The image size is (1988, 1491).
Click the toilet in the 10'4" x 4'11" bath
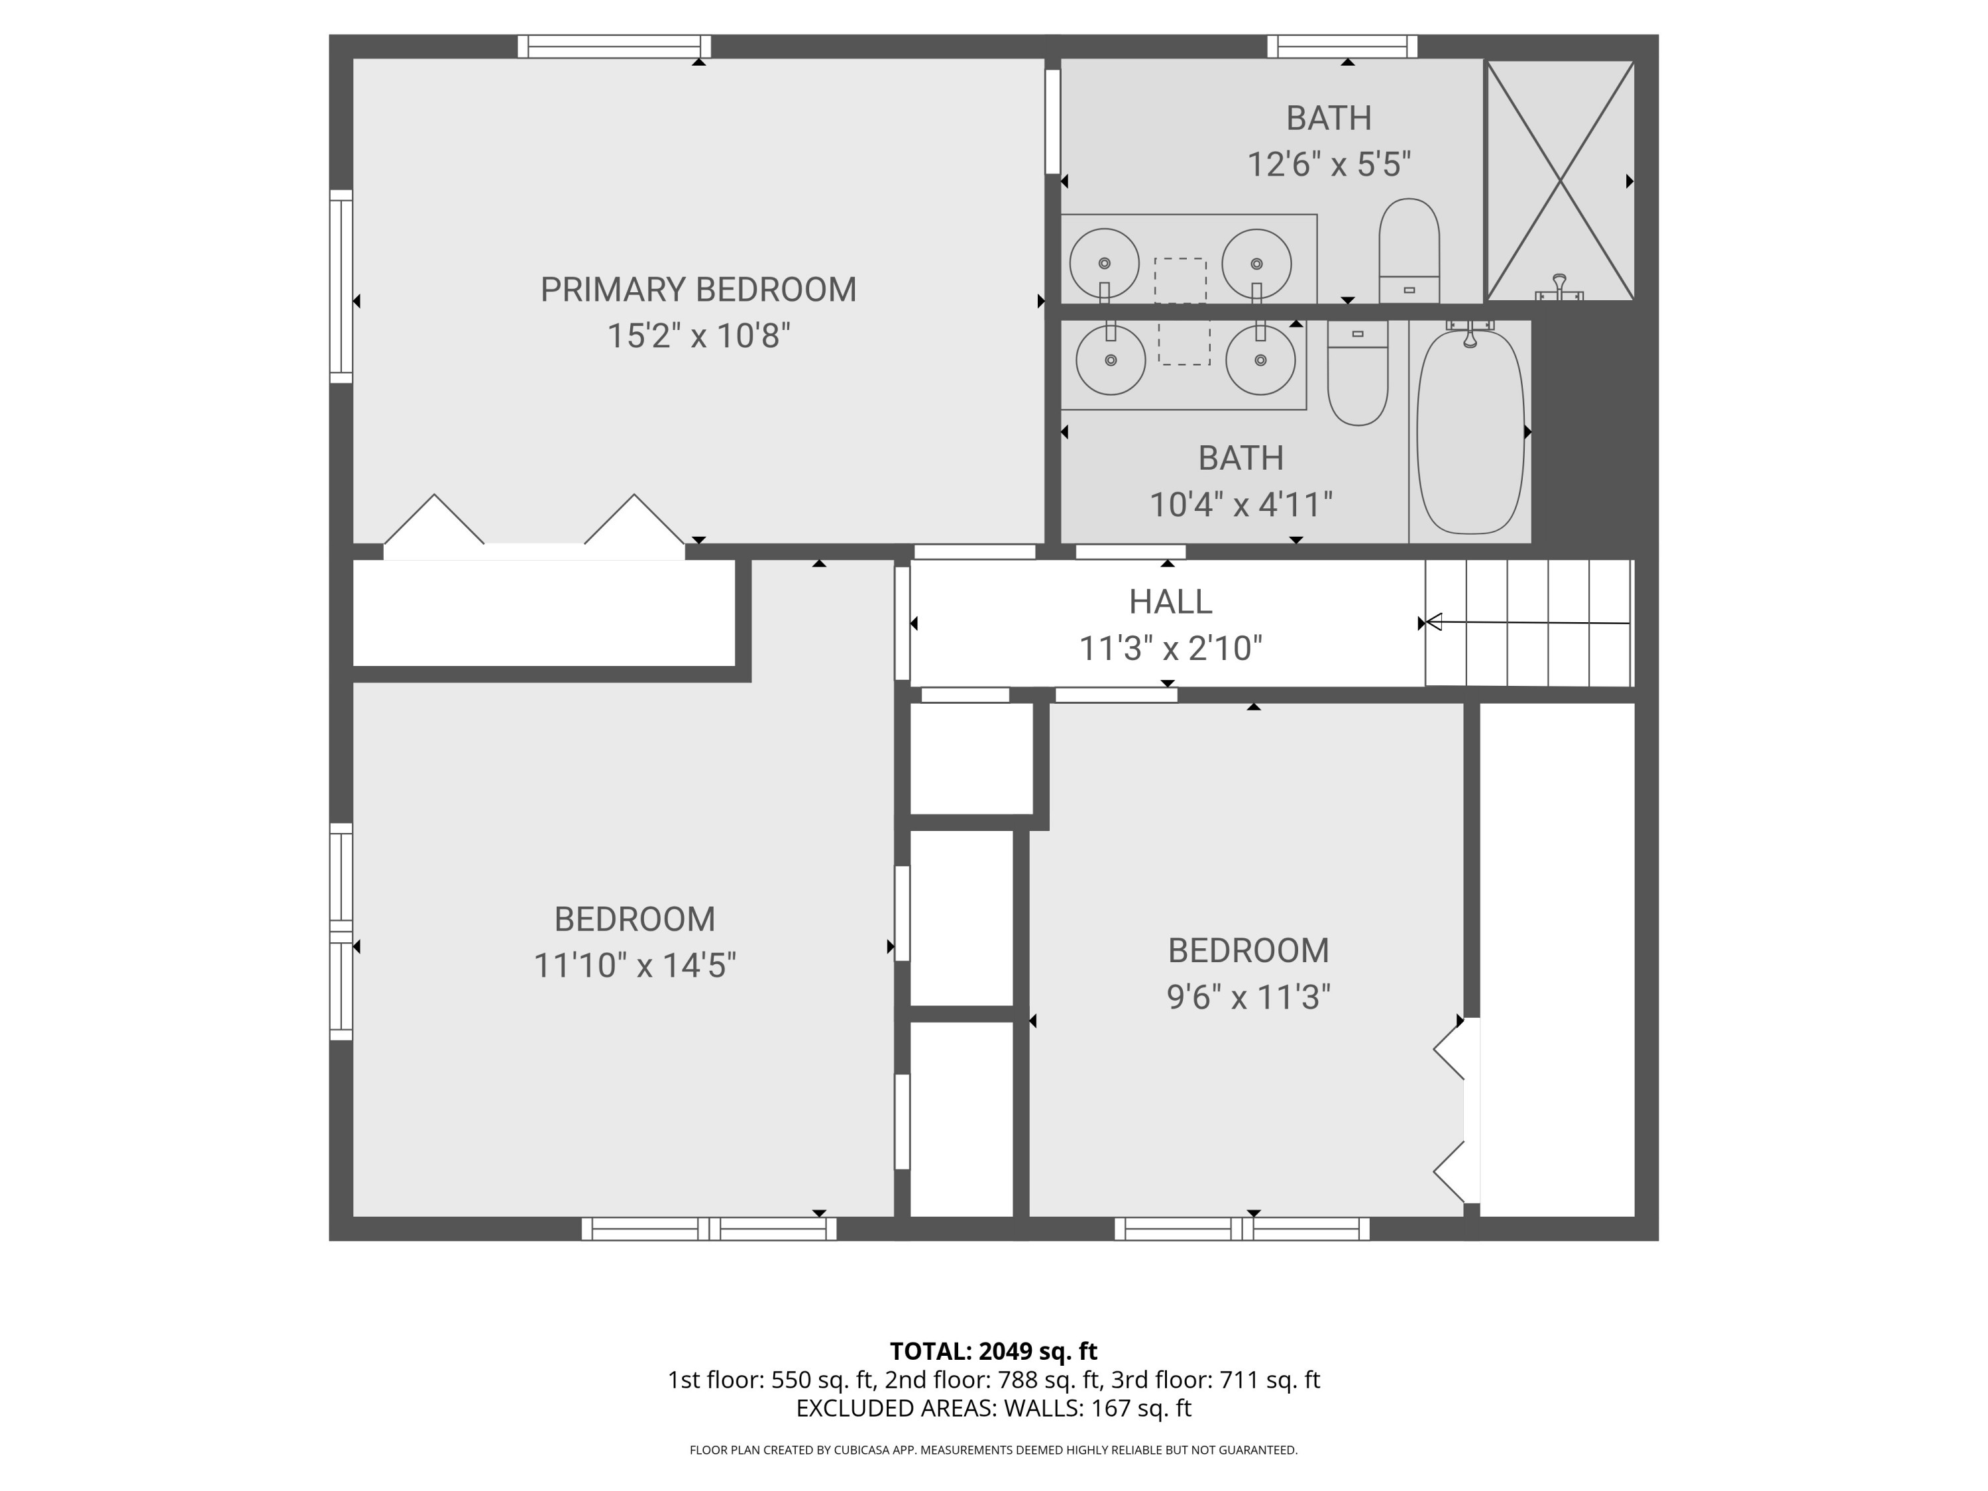coord(1357,373)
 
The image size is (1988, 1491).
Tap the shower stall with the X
coord(1559,180)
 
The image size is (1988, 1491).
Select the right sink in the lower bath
coord(1260,359)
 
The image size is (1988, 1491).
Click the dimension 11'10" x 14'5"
coord(635,966)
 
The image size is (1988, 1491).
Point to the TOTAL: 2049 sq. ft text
coord(993,1351)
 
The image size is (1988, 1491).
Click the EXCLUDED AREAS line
coord(993,1408)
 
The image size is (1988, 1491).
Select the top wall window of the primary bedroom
coord(614,46)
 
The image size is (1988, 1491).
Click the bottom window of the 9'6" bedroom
coord(1241,1229)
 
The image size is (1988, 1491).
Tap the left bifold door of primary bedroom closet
coord(435,522)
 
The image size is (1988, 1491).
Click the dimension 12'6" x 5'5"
coord(1329,164)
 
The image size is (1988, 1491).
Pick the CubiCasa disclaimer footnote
coord(993,1450)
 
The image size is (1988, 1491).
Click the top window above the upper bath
coord(1342,46)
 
